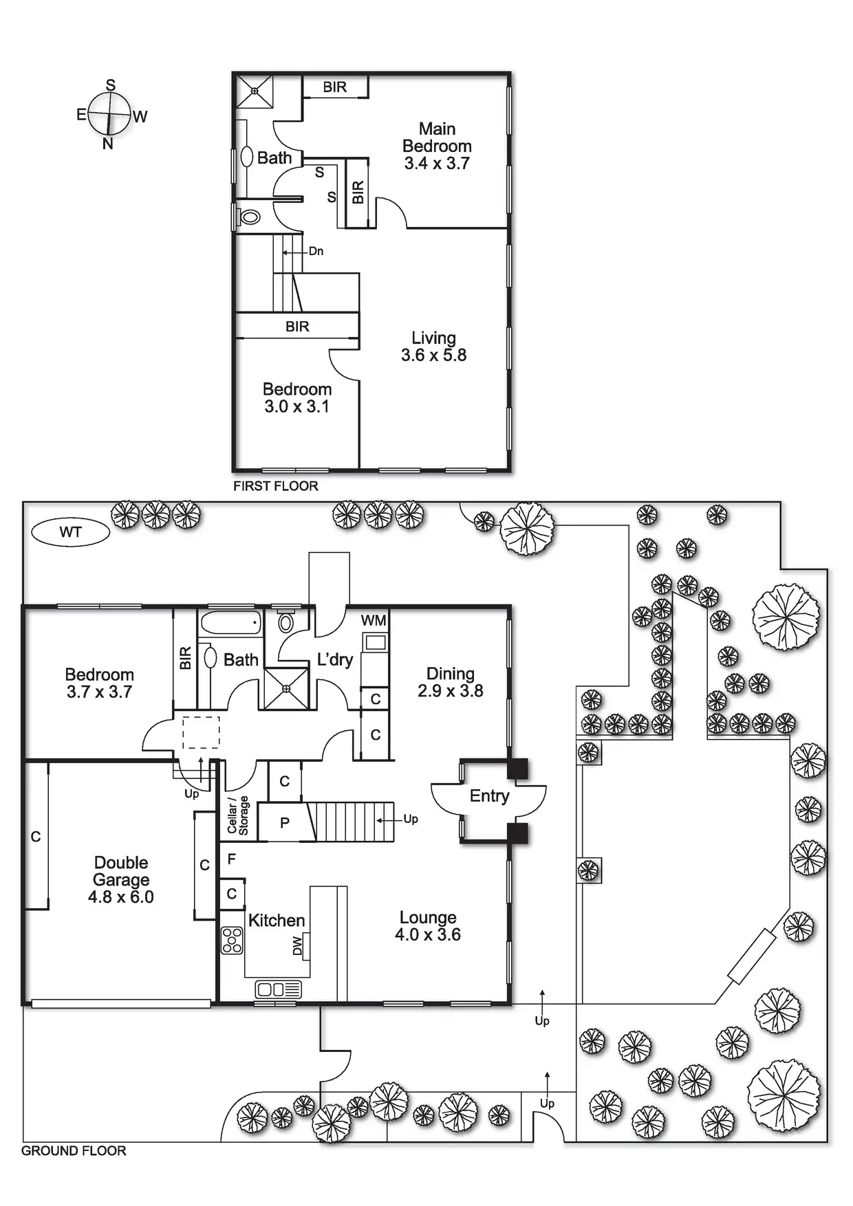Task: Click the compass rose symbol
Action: (x=109, y=114)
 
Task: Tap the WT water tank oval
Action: (x=70, y=531)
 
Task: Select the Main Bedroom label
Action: (x=437, y=146)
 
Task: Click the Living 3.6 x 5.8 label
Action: (x=433, y=347)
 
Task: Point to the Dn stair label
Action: (x=316, y=251)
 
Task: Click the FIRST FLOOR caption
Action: (x=275, y=486)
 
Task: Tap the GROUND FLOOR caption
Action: (x=74, y=1150)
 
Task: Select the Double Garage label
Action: (x=121, y=879)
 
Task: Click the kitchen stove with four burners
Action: (x=233, y=940)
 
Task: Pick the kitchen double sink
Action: (x=278, y=989)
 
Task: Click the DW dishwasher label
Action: (x=297, y=946)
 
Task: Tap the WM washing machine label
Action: (x=374, y=620)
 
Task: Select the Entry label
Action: (x=489, y=796)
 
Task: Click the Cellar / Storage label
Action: (x=237, y=816)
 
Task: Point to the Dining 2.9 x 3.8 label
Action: (x=450, y=682)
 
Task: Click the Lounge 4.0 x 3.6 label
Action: (x=427, y=925)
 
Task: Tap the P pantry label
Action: (x=285, y=823)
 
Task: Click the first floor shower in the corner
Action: (x=255, y=91)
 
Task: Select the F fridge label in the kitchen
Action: (x=232, y=859)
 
